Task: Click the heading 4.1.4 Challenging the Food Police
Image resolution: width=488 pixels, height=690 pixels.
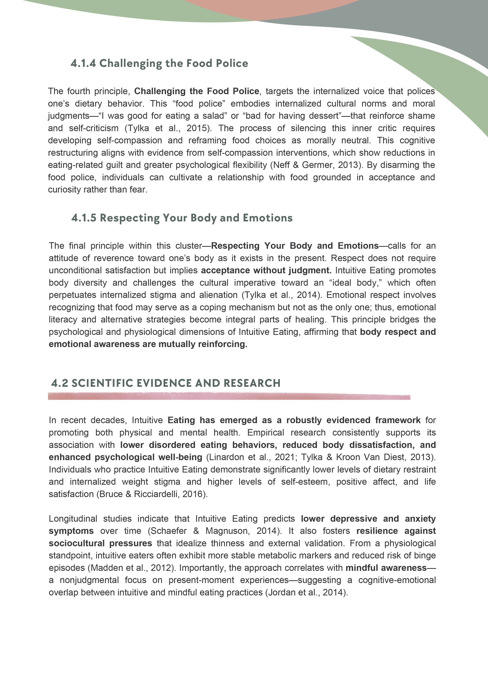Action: (159, 63)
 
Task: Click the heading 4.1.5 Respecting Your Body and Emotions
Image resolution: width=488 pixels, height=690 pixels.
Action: (182, 218)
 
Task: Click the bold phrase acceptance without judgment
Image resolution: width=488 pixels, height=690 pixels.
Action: (266, 270)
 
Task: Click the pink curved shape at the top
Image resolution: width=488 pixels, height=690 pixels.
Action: (271, 7)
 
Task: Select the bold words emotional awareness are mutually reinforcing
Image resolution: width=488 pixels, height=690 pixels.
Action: (148, 344)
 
